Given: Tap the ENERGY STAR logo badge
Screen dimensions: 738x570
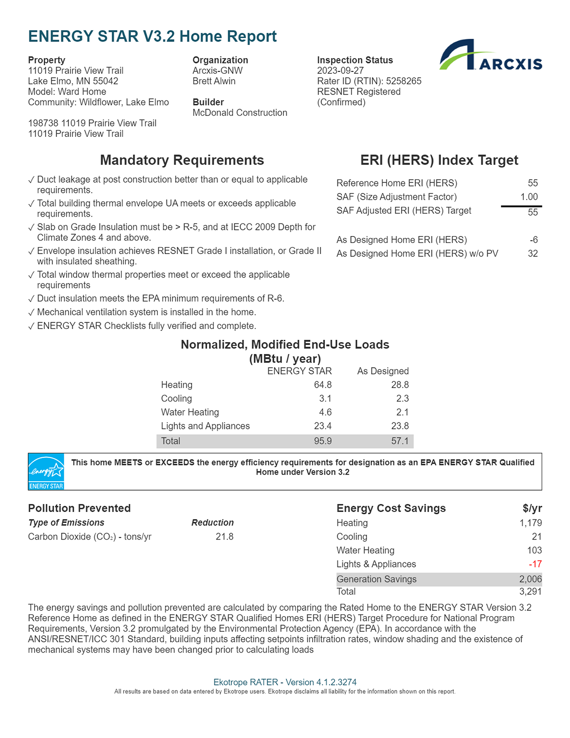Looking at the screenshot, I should click(46, 471).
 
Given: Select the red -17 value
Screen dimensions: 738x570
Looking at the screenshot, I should click(535, 564).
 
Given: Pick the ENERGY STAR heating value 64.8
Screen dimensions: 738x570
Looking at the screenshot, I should click(323, 385).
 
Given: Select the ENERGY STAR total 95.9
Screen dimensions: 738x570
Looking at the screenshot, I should click(323, 441).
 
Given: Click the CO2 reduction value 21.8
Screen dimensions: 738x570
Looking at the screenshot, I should click(224, 537).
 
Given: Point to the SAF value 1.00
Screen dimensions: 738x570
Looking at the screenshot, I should click(529, 197).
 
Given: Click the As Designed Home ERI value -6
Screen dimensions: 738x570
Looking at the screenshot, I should click(534, 240).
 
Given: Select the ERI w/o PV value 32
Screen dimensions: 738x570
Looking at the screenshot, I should click(533, 254).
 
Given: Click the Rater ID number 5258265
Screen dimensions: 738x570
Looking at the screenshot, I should click(404, 81).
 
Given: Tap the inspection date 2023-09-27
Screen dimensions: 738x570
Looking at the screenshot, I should click(340, 71).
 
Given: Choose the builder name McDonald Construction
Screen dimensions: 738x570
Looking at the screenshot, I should click(240, 113).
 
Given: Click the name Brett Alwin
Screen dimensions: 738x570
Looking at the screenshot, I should click(214, 81).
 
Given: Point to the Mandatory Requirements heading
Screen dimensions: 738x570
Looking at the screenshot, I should click(182, 160).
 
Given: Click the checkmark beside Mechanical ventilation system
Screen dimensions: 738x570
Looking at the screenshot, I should click(31, 312).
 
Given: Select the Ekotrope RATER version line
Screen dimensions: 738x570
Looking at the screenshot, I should click(285, 682).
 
